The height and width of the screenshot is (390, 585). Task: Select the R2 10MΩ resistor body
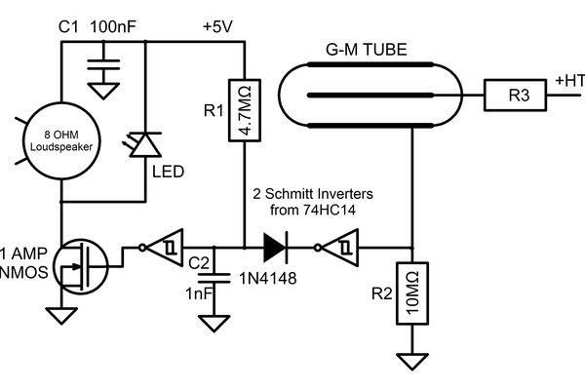click(413, 294)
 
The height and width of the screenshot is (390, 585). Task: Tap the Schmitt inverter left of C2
click(161, 249)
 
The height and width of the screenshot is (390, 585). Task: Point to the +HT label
click(567, 80)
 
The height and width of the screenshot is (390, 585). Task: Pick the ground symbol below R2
click(413, 362)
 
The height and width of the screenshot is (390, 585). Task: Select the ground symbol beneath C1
click(99, 92)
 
